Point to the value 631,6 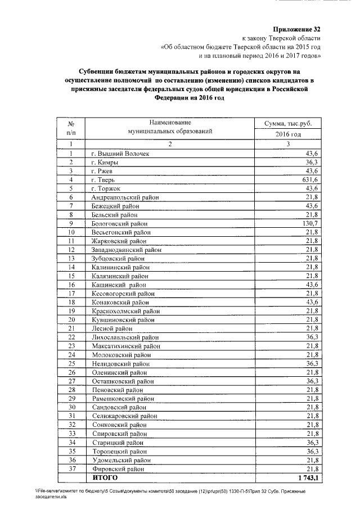pyautogui.click(x=311, y=179)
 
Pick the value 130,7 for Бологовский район pyautogui.click(x=311, y=223)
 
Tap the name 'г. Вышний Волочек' pyautogui.click(x=120, y=154)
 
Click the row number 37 pyautogui.click(x=71, y=468)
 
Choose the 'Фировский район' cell pyautogui.click(x=116, y=468)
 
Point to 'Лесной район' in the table pyautogui.click(x=112, y=328)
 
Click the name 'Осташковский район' pyautogui.click(x=122, y=381)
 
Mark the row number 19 pyautogui.click(x=71, y=310)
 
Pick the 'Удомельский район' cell pyautogui.click(x=119, y=460)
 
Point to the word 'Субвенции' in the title pyautogui.click(x=93, y=72)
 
